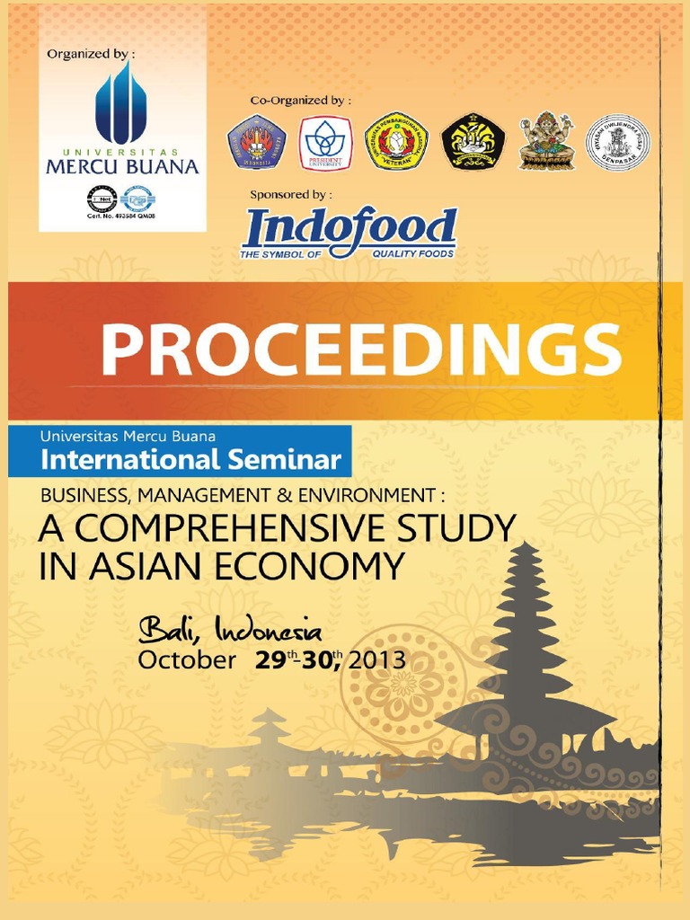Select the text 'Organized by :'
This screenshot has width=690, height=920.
pos(86,54)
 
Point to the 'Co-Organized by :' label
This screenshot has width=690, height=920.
pos(300,100)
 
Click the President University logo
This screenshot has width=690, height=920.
pos(325,142)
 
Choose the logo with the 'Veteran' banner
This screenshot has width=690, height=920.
pos(395,142)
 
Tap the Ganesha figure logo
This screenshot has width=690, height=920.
pos(545,141)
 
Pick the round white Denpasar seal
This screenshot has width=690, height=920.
pos(618,142)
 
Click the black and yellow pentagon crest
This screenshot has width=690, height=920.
pos(473,141)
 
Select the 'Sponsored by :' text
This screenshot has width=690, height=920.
pos(291,194)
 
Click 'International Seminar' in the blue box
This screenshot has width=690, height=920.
pos(191,461)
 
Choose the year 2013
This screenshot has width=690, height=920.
pos(377,660)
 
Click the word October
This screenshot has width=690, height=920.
pos(186,660)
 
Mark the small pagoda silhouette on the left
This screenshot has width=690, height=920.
pos(270,728)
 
